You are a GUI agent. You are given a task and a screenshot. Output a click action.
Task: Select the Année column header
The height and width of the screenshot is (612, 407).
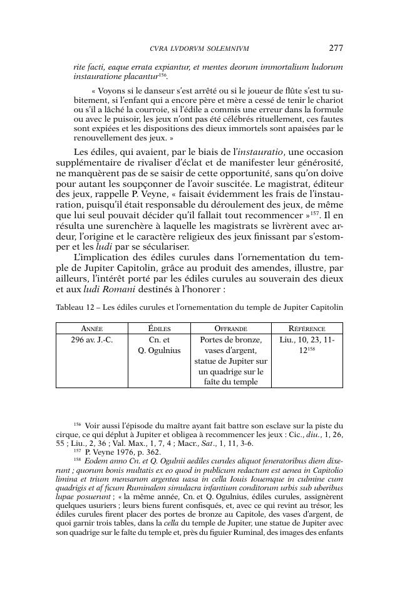tap(92, 329)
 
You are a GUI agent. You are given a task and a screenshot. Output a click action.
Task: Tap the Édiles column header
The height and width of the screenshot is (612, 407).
tap(159, 329)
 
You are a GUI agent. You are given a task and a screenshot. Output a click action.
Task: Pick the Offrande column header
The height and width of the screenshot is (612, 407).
tap(231, 329)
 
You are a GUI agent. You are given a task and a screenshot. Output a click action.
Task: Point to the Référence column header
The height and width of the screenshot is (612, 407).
tap(307, 329)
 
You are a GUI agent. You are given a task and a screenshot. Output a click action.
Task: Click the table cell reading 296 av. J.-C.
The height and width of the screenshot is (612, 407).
tap(92, 340)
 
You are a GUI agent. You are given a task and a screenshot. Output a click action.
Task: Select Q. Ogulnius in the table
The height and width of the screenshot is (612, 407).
tap(159, 351)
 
